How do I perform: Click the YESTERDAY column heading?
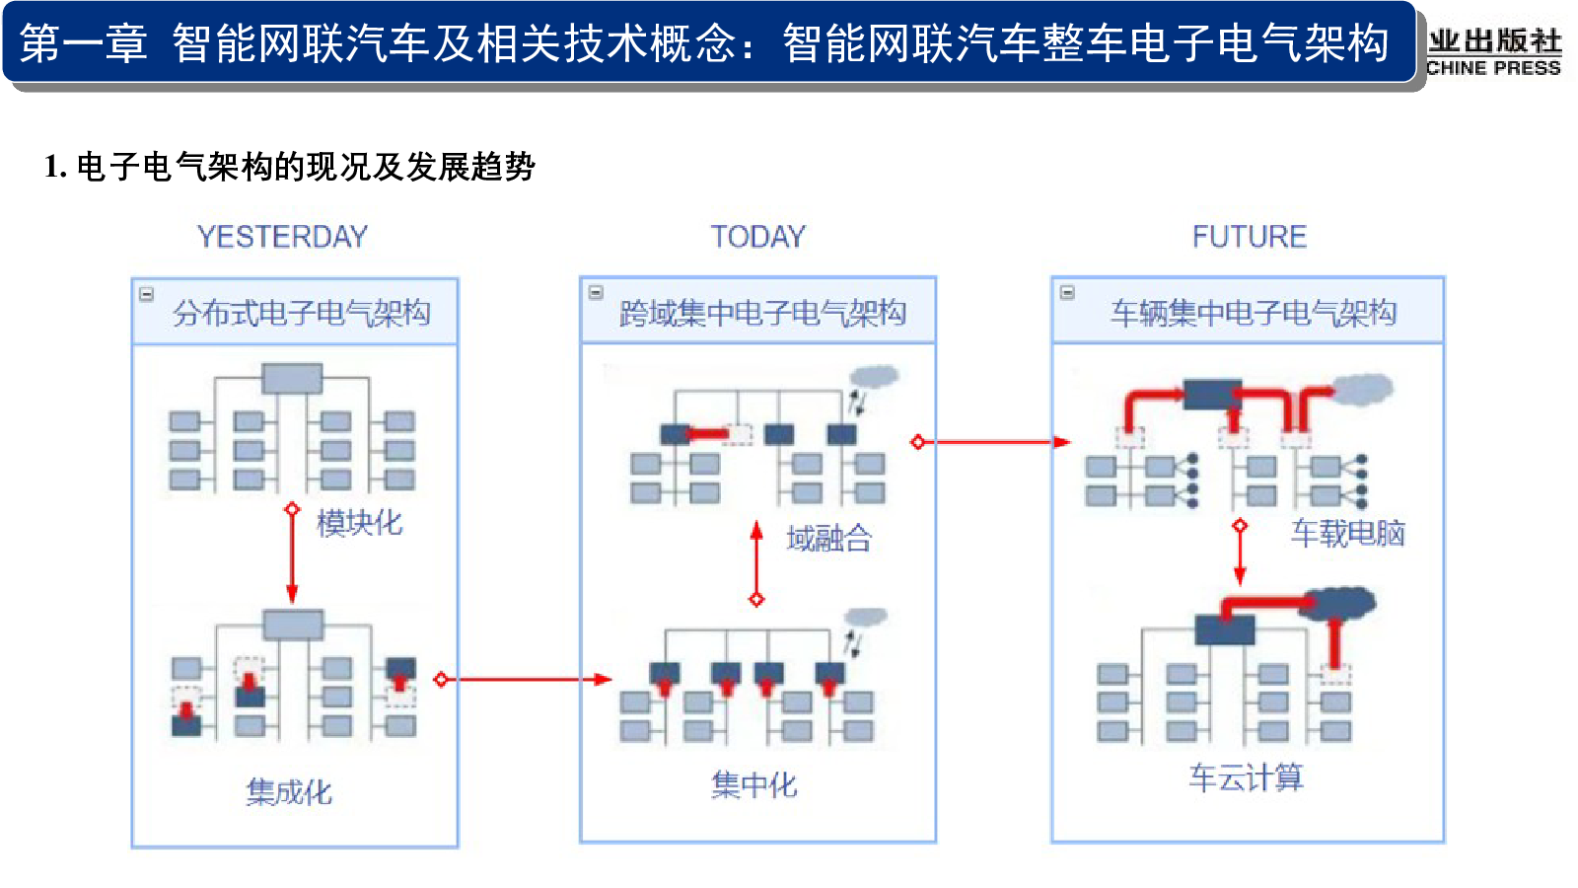282,237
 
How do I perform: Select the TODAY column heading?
758,237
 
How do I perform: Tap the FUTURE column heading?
1249,237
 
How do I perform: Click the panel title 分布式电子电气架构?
302,313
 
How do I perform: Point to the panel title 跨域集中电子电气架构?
762,313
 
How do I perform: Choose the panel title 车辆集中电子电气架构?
1254,313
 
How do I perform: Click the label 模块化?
359,524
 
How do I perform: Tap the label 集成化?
289,792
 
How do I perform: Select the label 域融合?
829,539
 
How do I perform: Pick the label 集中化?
753,785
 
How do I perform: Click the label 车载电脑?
1347,534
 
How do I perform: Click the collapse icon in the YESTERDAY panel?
147,294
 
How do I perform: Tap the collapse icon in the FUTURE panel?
1067,292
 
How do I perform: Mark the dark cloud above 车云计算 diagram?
1337,603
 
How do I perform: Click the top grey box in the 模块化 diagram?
292,379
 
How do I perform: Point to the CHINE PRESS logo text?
1493,68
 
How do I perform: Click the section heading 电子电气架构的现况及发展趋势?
306,167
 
